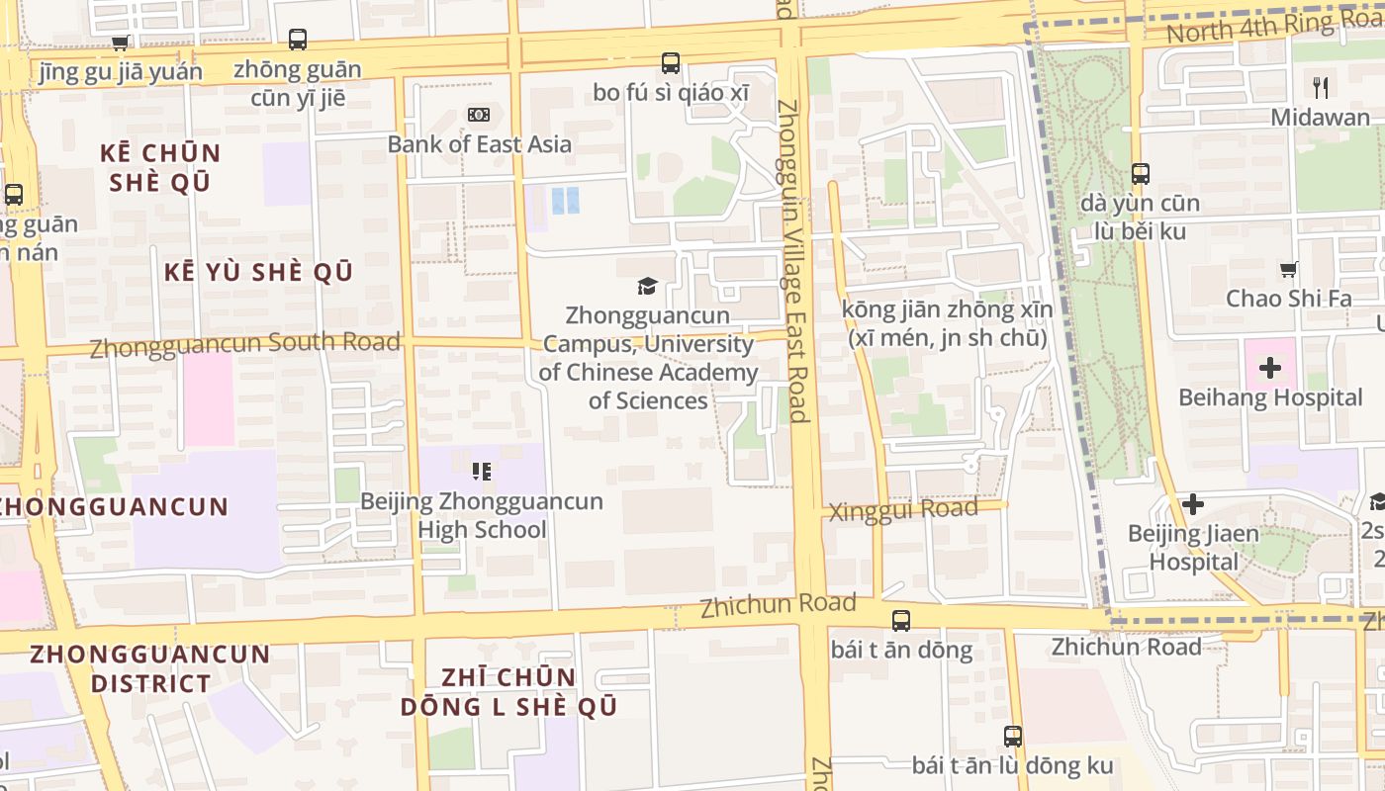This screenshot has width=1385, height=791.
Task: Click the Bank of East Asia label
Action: (x=479, y=144)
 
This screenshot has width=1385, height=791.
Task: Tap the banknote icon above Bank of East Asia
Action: (x=479, y=115)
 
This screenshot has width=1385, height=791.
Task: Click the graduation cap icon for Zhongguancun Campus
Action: (x=647, y=286)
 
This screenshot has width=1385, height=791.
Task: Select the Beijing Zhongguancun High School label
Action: (x=481, y=515)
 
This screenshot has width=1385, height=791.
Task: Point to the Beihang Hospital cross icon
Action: (x=1270, y=369)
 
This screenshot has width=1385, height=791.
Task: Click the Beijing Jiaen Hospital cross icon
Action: (x=1193, y=504)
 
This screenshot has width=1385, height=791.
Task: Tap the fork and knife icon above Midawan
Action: (x=1320, y=87)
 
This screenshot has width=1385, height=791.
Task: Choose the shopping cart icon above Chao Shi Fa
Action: (x=1288, y=269)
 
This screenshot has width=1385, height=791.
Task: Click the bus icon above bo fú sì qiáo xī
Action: (x=671, y=63)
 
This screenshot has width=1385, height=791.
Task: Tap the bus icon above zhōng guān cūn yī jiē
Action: (x=298, y=40)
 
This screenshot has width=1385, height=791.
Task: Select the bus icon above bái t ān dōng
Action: (x=900, y=621)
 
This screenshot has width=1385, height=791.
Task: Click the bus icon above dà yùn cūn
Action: (x=1140, y=174)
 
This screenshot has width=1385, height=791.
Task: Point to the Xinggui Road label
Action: (x=902, y=511)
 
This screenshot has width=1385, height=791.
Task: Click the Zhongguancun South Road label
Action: (x=244, y=345)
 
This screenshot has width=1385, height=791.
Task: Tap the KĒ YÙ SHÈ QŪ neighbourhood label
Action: (x=258, y=273)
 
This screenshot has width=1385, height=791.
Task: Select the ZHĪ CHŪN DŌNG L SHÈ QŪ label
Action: (x=508, y=692)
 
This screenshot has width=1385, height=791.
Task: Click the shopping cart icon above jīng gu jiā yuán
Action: (x=121, y=43)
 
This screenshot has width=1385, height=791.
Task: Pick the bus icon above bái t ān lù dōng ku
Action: (x=1012, y=737)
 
